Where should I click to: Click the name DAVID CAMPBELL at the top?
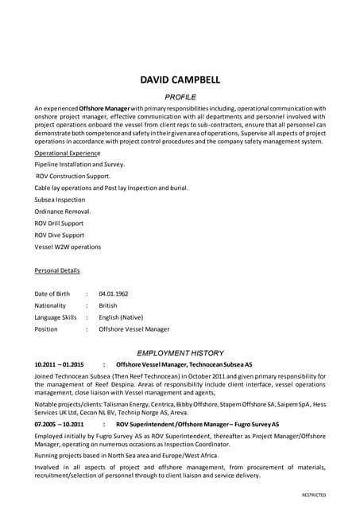pyautogui.click(x=180, y=80)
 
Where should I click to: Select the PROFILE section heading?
pyautogui.click(x=180, y=95)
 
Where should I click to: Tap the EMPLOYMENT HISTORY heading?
pyautogui.click(x=180, y=352)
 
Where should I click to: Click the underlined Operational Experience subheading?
pyautogui.click(x=68, y=153)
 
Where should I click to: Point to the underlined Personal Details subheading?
pyautogui.click(x=57, y=270)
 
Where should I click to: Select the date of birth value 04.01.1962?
pyautogui.click(x=113, y=293)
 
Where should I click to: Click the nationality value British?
pyautogui.click(x=107, y=305)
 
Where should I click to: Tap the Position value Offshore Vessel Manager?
pyautogui.click(x=134, y=328)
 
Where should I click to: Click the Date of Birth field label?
pyautogui.click(x=52, y=293)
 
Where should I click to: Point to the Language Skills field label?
pyautogui.click(x=56, y=317)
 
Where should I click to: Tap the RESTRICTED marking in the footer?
pyautogui.click(x=313, y=495)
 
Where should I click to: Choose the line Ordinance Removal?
pyautogui.click(x=63, y=212)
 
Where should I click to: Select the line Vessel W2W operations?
pyautogui.click(x=68, y=247)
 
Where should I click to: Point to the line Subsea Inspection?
pyautogui.click(x=60, y=200)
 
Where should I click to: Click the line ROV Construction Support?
pyautogui.click(x=73, y=176)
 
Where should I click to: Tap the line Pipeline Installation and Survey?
pyautogui.click(x=79, y=164)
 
